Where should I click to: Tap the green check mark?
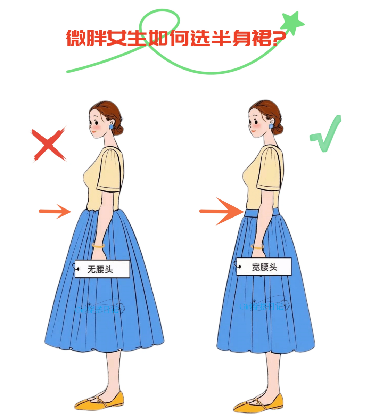(326, 135)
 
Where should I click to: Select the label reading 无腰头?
(102, 269)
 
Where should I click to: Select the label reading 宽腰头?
(264, 267)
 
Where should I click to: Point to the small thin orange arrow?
(55, 211)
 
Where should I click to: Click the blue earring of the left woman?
(112, 127)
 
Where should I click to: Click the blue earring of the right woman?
(271, 127)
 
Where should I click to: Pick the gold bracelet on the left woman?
(98, 246)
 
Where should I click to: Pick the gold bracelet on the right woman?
(257, 247)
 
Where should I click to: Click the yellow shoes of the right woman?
(258, 403)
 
